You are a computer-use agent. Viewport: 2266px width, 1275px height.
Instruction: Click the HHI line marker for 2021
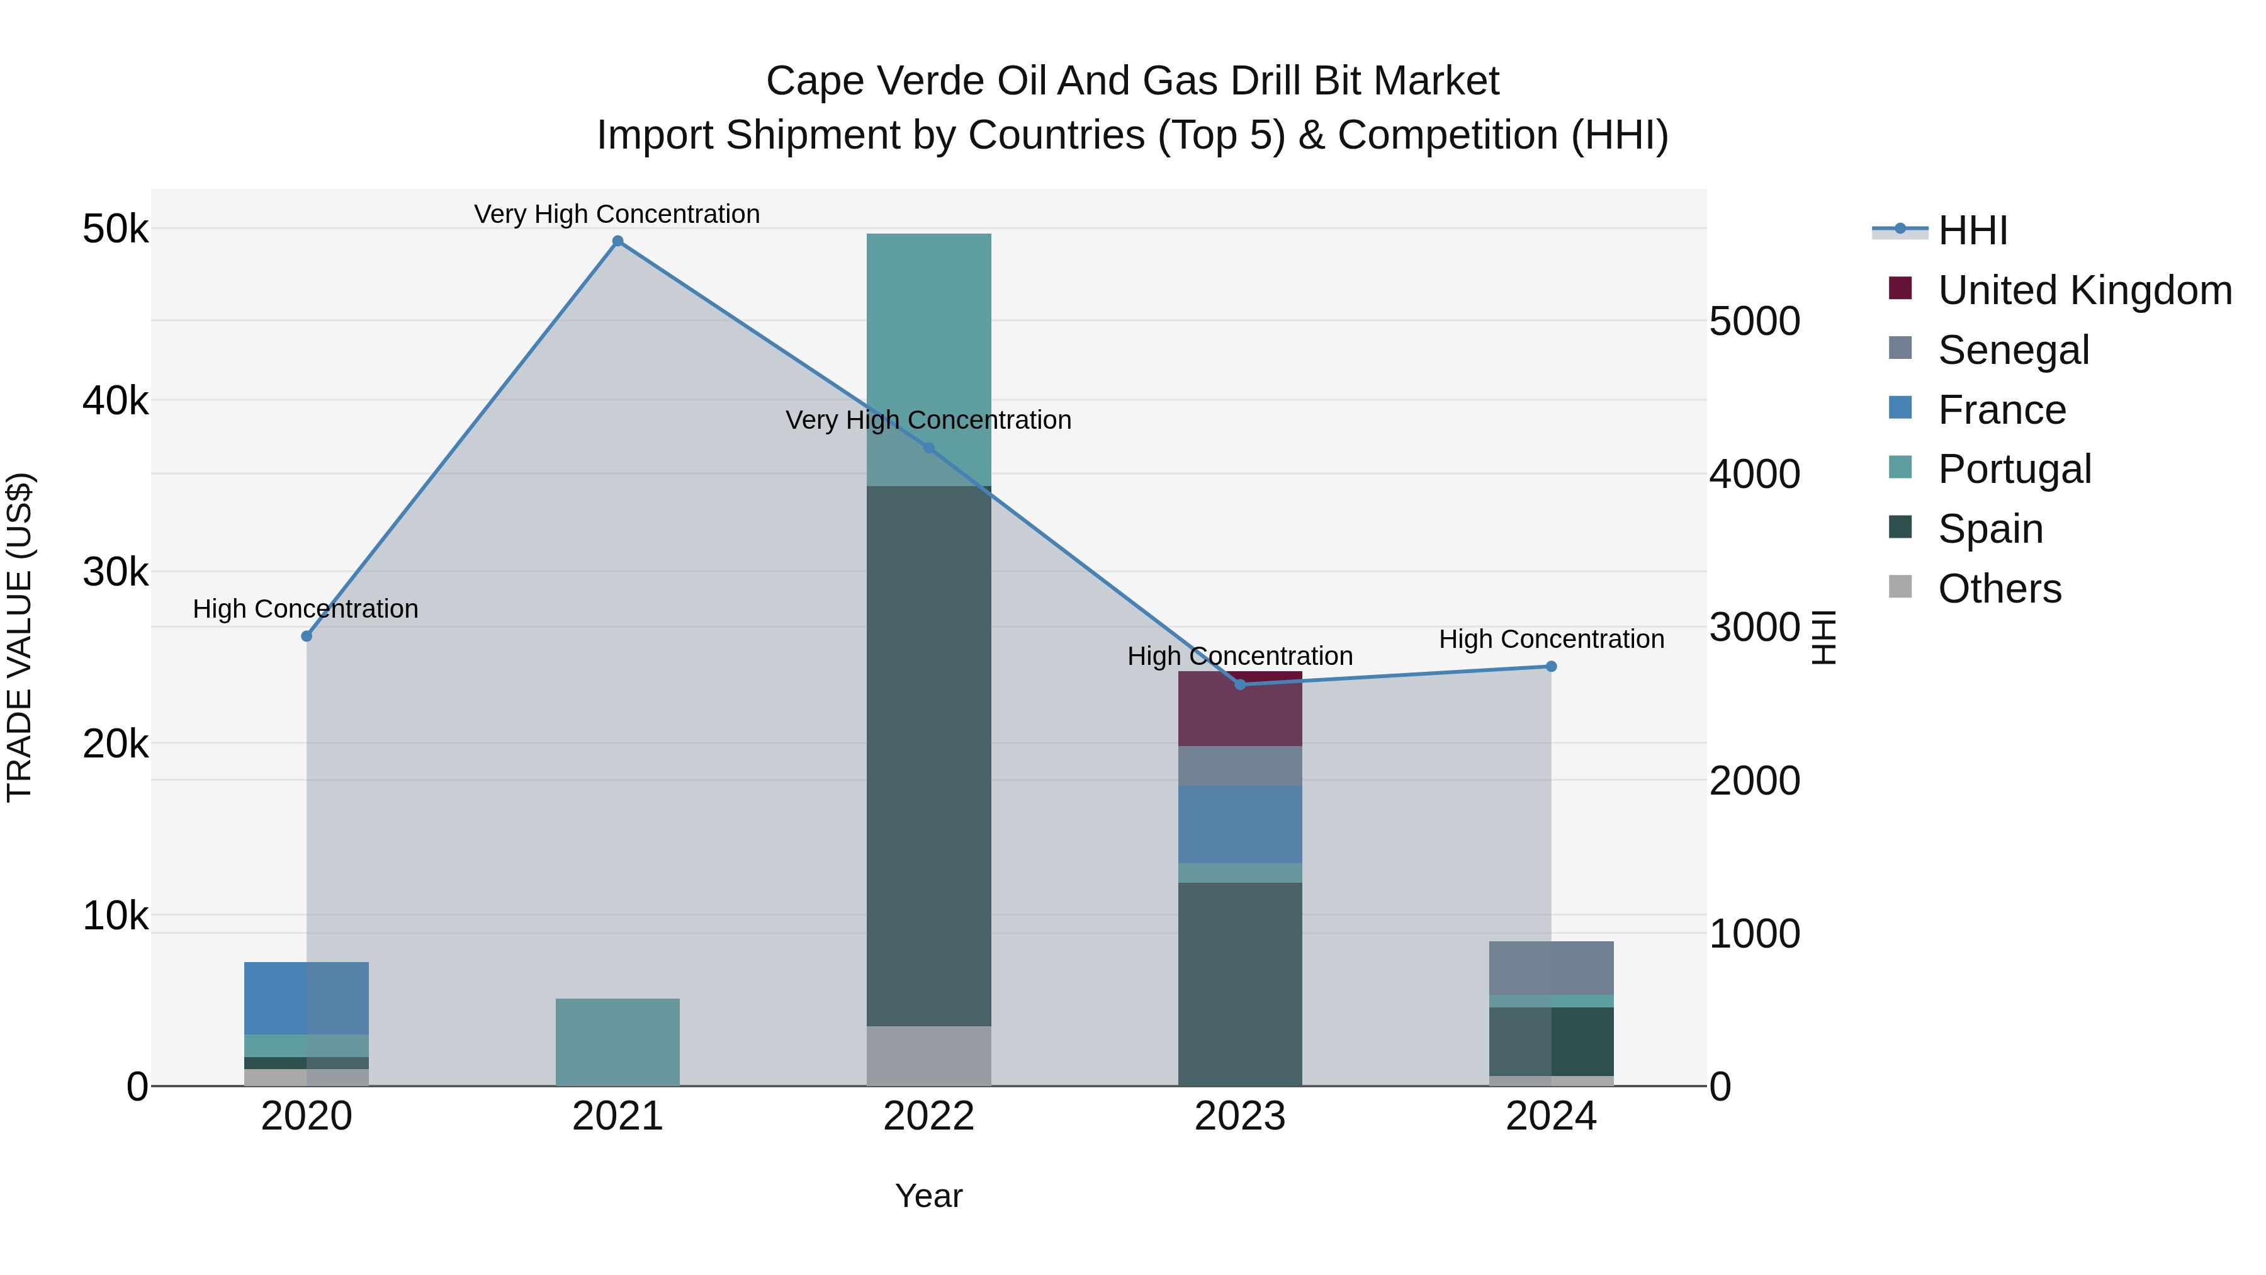[x=617, y=241]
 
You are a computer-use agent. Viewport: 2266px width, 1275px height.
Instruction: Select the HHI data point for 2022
[x=929, y=448]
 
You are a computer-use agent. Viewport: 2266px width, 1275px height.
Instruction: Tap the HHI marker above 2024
[x=1552, y=666]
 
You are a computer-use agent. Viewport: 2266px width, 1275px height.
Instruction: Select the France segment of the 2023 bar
[x=1240, y=824]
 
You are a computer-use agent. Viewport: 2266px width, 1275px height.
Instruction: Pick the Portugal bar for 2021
[x=617, y=1043]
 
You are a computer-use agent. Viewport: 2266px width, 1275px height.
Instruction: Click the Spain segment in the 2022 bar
[x=929, y=757]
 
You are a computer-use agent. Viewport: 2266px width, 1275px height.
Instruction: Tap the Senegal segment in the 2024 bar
[x=1552, y=968]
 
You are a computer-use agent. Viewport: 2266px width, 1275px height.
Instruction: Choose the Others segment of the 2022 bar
[x=929, y=1056]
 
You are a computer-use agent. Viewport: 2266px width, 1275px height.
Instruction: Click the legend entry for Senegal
[x=2013, y=350]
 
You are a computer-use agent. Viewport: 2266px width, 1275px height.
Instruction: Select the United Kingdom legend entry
[x=2083, y=290]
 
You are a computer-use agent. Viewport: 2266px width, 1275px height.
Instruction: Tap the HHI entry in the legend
[x=1972, y=230]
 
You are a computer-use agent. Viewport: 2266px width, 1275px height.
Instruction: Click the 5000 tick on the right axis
[x=1755, y=321]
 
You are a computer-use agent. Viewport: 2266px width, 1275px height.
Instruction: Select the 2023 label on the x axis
[x=1240, y=1116]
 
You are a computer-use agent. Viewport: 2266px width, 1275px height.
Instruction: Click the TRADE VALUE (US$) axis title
[x=20, y=638]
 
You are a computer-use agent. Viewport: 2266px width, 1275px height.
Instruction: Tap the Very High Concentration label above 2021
[x=617, y=214]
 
